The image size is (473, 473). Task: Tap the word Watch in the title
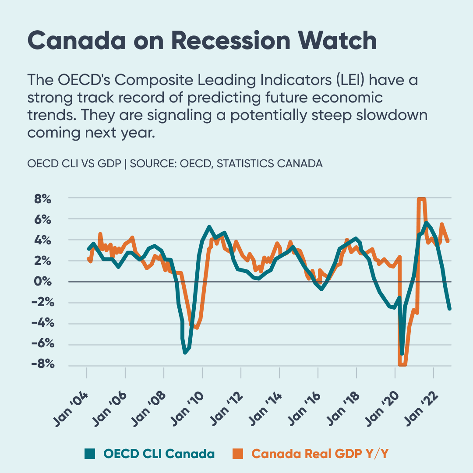(337, 40)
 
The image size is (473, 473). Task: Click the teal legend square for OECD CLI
(89, 454)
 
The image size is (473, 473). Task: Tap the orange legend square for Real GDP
(237, 454)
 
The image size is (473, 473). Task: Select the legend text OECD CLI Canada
(159, 454)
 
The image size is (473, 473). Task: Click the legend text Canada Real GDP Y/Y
(320, 454)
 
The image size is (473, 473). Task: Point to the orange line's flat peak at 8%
(421, 199)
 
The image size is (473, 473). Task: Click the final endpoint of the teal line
(449, 309)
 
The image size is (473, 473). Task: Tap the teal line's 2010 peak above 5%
(209, 227)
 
